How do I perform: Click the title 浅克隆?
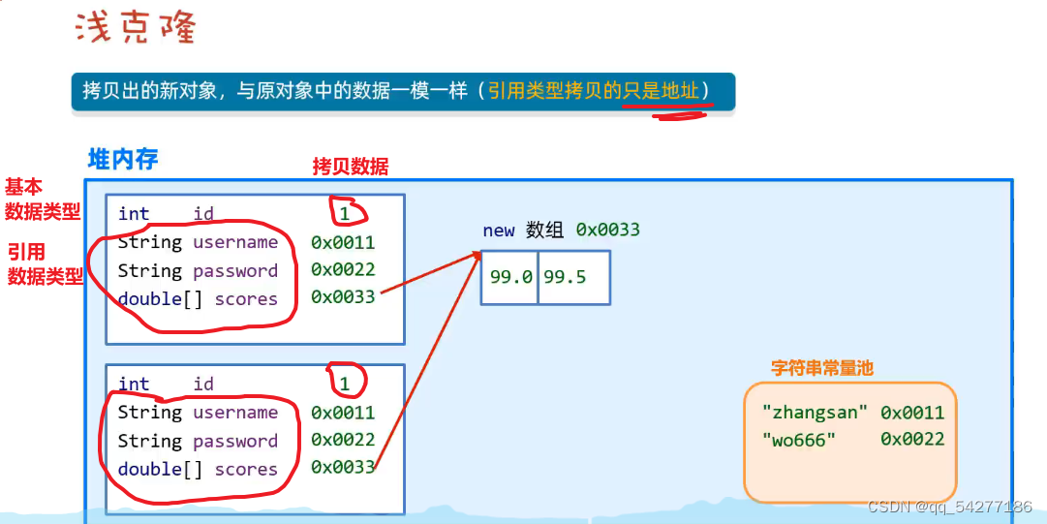click(x=136, y=28)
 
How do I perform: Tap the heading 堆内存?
click(x=123, y=159)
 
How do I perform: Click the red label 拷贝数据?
click(x=350, y=167)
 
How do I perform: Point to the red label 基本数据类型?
click(x=43, y=200)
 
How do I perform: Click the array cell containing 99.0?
click(x=510, y=277)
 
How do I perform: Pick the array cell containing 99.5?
click(x=565, y=277)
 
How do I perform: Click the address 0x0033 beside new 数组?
click(x=607, y=230)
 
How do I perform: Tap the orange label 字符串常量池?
click(x=822, y=368)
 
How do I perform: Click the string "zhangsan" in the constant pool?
click(x=810, y=413)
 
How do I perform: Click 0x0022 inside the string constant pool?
click(x=912, y=440)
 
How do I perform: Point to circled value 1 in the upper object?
click(x=344, y=213)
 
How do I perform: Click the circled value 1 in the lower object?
click(x=344, y=384)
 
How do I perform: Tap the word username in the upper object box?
click(x=235, y=242)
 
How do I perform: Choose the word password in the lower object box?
click(x=235, y=441)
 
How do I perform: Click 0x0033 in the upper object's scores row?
click(x=343, y=297)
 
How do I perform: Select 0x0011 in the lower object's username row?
click(x=343, y=413)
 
